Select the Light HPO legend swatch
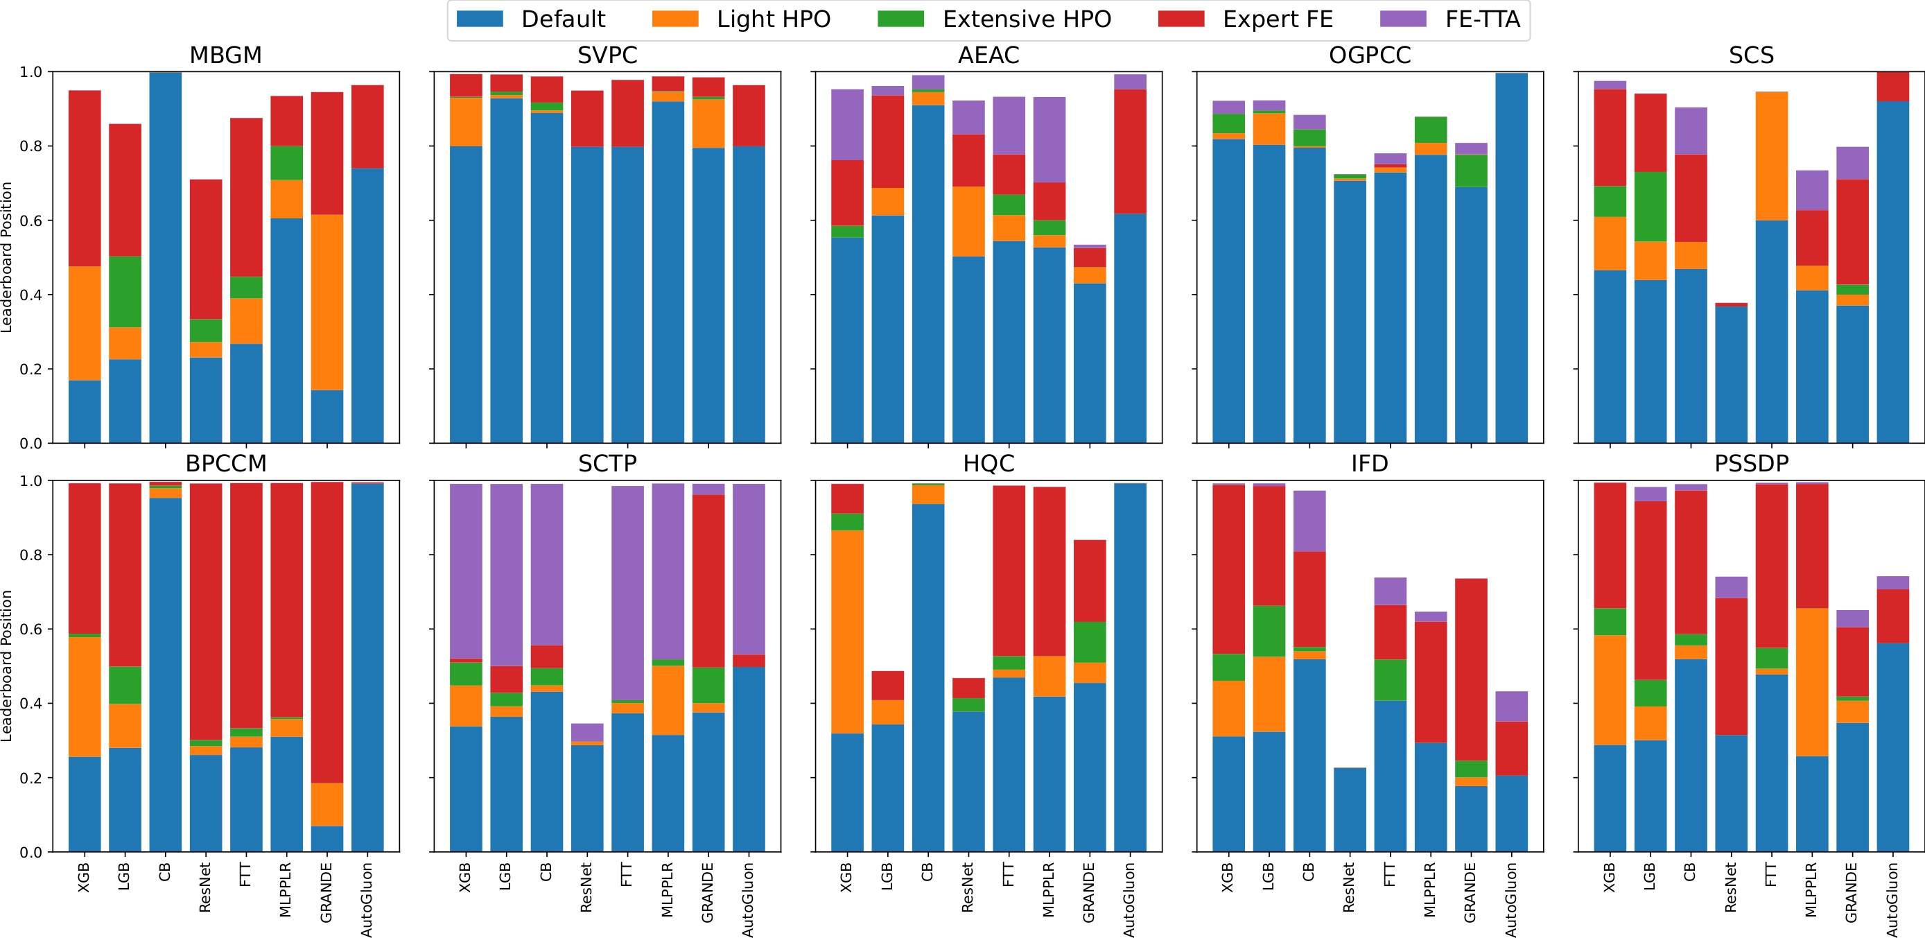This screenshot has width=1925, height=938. [x=674, y=19]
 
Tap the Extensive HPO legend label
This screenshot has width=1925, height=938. [x=1026, y=19]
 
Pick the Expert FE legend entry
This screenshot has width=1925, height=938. [x=1245, y=19]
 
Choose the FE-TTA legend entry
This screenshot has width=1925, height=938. [x=1449, y=19]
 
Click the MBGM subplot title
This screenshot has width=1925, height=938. [x=226, y=55]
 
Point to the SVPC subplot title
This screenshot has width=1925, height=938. [x=607, y=55]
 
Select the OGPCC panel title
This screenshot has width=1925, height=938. [x=1369, y=55]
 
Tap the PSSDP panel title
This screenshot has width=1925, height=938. [x=1751, y=463]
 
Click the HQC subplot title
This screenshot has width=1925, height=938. [x=988, y=463]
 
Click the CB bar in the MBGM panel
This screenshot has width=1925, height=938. [x=165, y=258]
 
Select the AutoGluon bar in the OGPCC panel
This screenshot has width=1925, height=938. [x=1511, y=258]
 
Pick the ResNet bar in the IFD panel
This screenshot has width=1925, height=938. [x=1350, y=810]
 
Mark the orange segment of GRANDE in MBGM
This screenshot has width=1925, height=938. [x=326, y=303]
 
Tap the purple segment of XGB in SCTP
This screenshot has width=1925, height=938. [x=466, y=571]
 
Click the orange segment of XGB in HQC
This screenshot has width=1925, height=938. [x=846, y=632]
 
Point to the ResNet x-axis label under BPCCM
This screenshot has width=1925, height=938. [x=205, y=887]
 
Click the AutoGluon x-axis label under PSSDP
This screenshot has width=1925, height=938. [x=1893, y=899]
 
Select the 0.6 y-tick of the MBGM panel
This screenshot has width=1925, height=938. [x=31, y=220]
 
